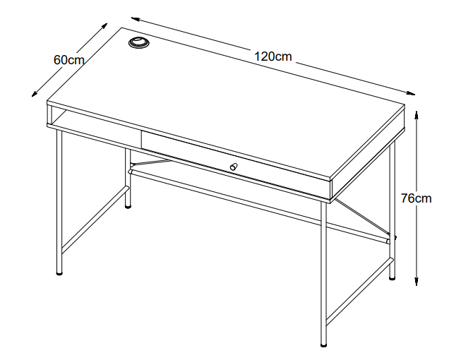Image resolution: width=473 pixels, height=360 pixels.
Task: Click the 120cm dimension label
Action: [x=273, y=56]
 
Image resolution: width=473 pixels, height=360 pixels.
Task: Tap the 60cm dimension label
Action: [x=69, y=60]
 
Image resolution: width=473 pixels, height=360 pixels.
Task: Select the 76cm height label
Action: [x=417, y=198]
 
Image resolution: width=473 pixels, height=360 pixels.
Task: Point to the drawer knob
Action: [x=234, y=167]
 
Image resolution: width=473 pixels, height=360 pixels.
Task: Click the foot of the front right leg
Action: [x=323, y=344]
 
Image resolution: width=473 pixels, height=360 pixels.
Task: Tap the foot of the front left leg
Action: [x=60, y=273]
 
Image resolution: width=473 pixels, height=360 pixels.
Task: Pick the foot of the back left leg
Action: [x=128, y=207]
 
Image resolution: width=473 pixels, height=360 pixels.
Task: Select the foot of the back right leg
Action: [x=392, y=277]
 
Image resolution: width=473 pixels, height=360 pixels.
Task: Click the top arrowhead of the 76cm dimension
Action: [x=417, y=114]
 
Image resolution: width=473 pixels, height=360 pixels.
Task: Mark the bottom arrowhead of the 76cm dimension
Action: [x=417, y=282]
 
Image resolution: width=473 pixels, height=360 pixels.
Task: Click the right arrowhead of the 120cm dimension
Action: [x=411, y=93]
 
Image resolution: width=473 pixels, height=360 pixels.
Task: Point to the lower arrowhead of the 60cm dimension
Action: [x=35, y=94]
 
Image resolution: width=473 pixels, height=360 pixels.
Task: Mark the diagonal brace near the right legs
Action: [x=362, y=217]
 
